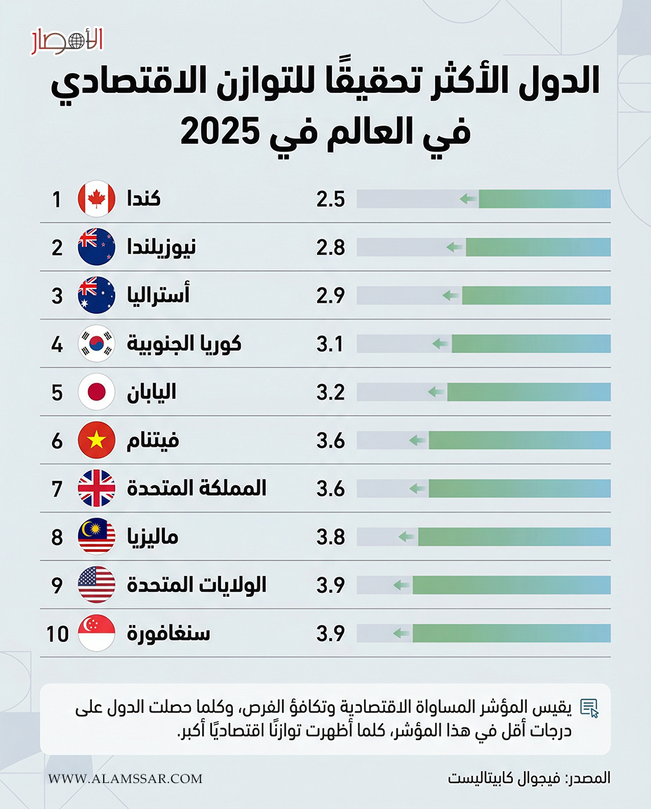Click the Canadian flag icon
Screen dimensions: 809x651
(x=96, y=199)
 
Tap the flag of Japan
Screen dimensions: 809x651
(x=96, y=392)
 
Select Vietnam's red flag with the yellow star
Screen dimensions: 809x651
(x=96, y=440)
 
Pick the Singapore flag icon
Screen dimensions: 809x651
(x=96, y=633)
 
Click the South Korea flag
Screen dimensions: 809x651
(x=96, y=344)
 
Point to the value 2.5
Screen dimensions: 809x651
(x=330, y=199)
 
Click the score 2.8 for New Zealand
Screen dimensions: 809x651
(x=330, y=248)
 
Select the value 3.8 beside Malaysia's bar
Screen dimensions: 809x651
(x=330, y=537)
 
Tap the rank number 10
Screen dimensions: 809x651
(x=58, y=633)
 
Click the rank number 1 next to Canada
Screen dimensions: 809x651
(x=57, y=199)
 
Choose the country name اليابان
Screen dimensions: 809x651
(x=151, y=392)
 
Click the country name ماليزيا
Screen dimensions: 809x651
(x=152, y=537)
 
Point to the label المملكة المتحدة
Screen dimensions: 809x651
(x=196, y=489)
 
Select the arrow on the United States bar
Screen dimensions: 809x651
(x=401, y=585)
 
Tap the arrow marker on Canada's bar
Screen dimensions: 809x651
(x=468, y=199)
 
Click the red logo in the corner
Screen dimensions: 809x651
(x=67, y=41)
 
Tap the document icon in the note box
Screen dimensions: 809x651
(x=590, y=707)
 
